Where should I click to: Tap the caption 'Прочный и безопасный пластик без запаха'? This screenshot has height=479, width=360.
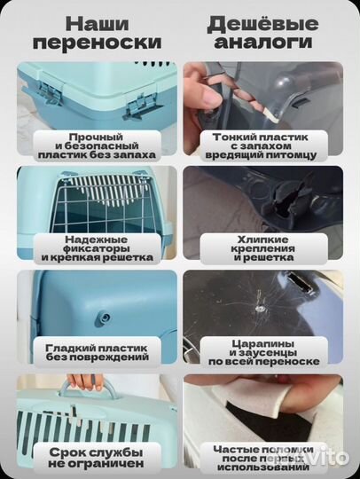[x=97, y=145]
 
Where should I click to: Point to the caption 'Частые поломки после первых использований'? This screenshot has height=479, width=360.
[x=262, y=456]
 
